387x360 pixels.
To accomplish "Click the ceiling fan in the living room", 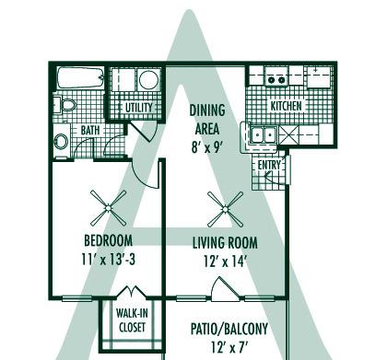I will [224, 208].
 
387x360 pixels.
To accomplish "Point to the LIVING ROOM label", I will [224, 243].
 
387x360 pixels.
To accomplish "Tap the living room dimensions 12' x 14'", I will [224, 261].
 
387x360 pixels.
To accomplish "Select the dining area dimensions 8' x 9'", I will [207, 143].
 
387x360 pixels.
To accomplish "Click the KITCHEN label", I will [286, 107].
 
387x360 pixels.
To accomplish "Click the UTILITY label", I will [139, 108].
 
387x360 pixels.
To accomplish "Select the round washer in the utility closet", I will [148, 80].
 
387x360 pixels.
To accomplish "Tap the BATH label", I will [90, 131].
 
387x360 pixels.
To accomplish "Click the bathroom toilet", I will [61, 141].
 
